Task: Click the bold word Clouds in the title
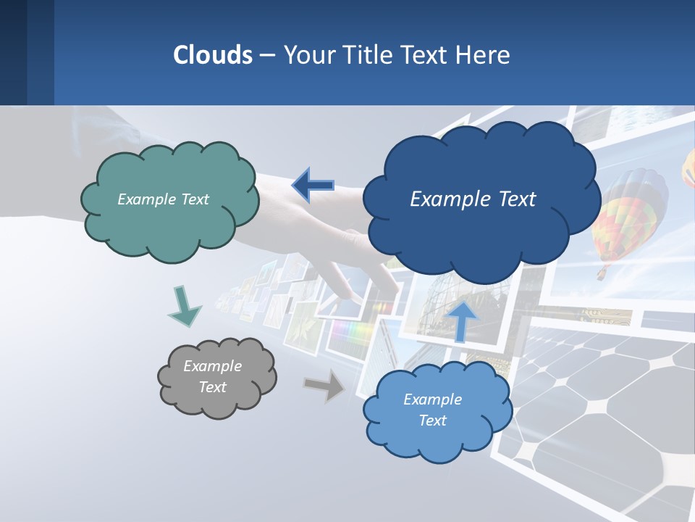213,55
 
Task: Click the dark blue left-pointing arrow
313,185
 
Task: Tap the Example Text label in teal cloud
163,199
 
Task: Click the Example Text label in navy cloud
473,199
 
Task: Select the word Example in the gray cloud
212,366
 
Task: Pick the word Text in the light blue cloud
433,420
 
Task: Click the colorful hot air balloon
628,210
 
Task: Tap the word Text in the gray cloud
212,387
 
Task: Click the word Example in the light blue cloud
432,399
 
